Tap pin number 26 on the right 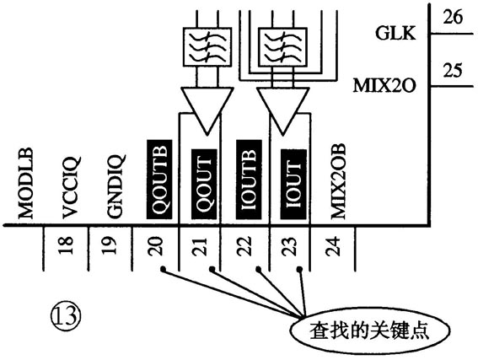(x=452, y=18)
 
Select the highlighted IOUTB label (x=246, y=180)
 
